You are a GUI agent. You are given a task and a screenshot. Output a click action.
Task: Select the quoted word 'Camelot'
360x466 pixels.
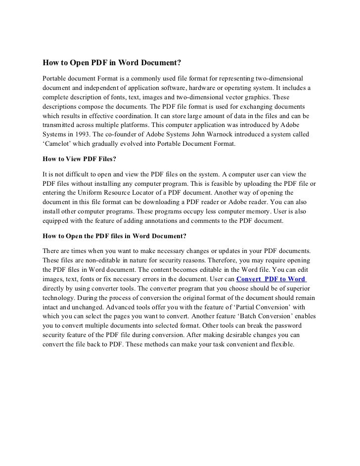(59, 144)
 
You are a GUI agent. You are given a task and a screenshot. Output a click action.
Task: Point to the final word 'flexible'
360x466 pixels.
(281, 344)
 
